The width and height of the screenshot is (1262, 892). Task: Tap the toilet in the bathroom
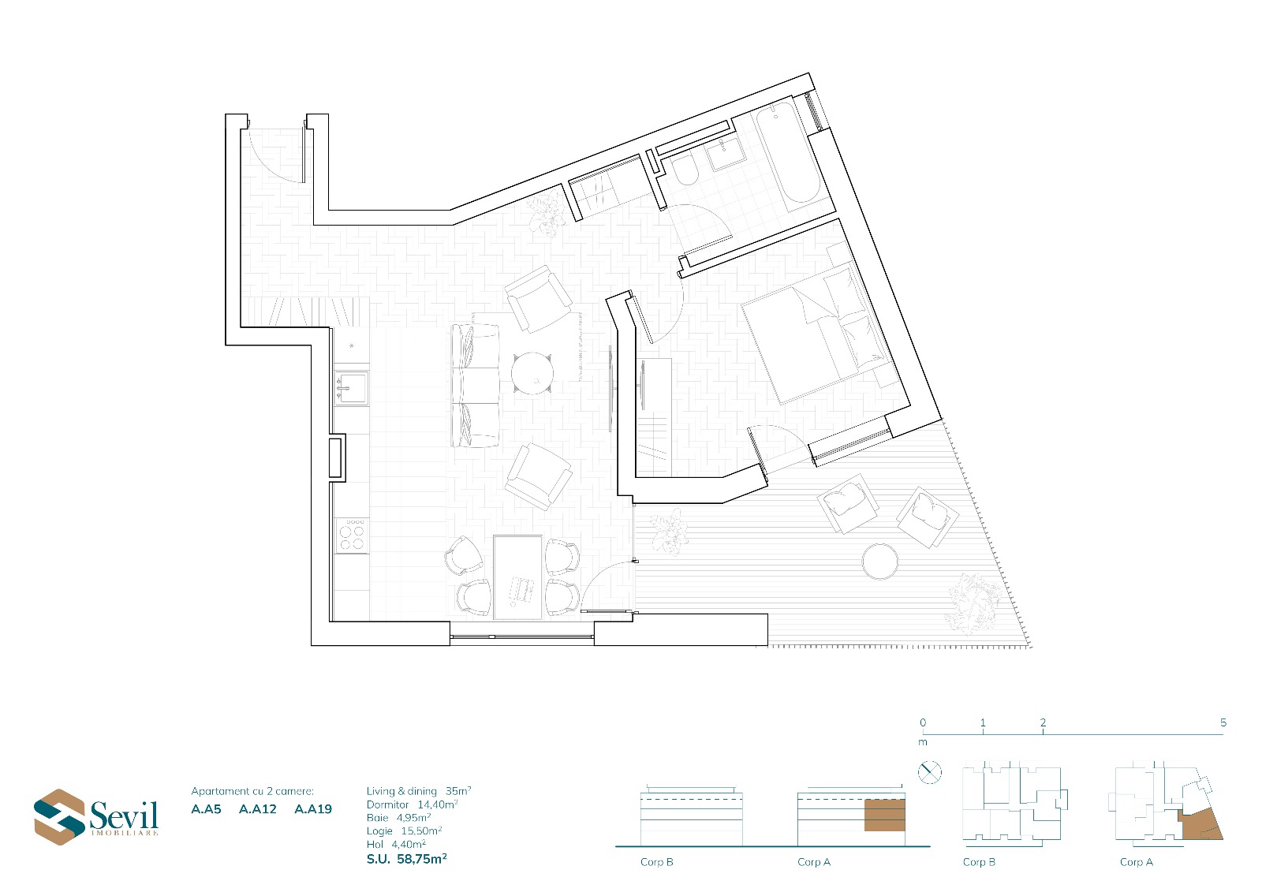tap(684, 170)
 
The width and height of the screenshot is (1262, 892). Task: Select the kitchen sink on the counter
tap(352, 388)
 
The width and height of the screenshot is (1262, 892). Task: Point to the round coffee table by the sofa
tap(532, 372)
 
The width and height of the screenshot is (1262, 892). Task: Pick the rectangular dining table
tap(517, 577)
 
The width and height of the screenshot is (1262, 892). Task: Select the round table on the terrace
tap(880, 561)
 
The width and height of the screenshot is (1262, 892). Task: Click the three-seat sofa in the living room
tap(476, 386)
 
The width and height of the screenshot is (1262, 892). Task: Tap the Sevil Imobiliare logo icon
tap(59, 816)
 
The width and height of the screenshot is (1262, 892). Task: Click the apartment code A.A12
tap(257, 809)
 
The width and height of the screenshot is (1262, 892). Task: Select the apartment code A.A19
tap(313, 809)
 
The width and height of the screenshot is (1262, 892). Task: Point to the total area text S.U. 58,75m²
tap(407, 860)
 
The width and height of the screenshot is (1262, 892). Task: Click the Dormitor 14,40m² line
tap(412, 804)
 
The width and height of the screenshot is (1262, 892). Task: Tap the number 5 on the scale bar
tap(1223, 722)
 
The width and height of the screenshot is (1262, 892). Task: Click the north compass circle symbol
tap(930, 772)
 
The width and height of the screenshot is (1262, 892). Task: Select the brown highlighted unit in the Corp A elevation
tap(884, 815)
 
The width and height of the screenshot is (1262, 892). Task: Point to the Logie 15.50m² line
tap(404, 830)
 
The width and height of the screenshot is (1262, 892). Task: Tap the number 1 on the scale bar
tap(983, 722)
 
